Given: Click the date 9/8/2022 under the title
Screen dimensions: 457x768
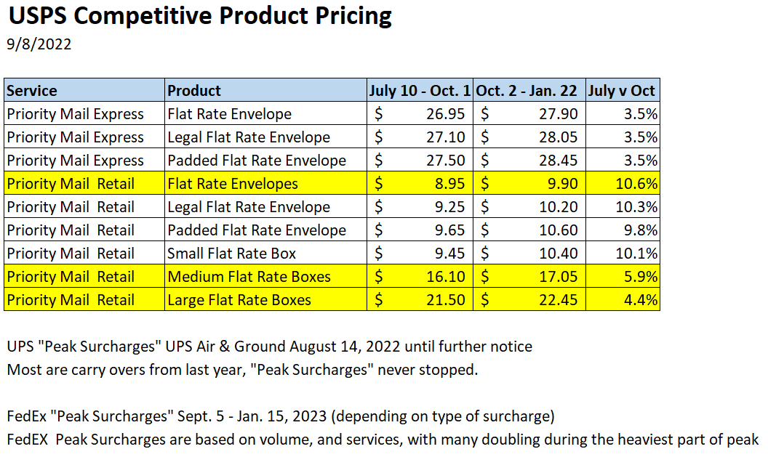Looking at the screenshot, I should pyautogui.click(x=39, y=44).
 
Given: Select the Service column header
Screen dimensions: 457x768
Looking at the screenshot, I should pyautogui.click(x=32, y=91).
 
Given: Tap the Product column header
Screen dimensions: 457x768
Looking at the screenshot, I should pyautogui.click(x=194, y=91).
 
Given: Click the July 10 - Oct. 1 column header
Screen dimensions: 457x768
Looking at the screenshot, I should pyautogui.click(x=419, y=91).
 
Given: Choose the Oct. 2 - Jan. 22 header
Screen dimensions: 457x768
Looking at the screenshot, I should pyautogui.click(x=529, y=91).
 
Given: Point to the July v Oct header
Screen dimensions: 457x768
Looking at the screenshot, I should pyautogui.click(x=623, y=91).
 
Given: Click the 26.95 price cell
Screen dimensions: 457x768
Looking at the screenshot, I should pyautogui.click(x=445, y=114).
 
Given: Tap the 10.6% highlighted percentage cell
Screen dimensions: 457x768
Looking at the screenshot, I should pyautogui.click(x=639, y=184).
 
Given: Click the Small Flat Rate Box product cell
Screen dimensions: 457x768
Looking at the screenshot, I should pyautogui.click(x=231, y=254).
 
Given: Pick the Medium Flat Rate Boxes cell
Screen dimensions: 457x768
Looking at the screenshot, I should pyautogui.click(x=249, y=277).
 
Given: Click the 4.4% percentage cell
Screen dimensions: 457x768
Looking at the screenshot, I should pyautogui.click(x=643, y=300).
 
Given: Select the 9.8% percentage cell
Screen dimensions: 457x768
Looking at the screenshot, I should pyautogui.click(x=643, y=230).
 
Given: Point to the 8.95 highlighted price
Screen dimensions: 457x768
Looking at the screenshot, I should pyautogui.click(x=449, y=184).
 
